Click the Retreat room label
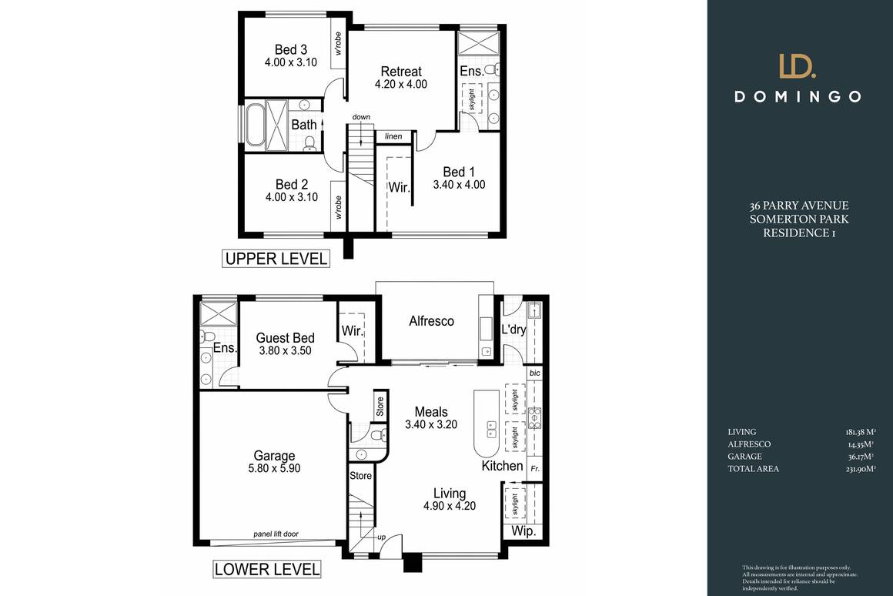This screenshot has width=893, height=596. point(400,72)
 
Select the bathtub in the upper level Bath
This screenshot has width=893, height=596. point(256,124)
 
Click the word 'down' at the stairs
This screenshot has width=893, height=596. point(361,117)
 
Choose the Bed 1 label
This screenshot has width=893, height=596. point(459,172)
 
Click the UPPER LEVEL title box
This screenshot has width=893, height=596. point(276,259)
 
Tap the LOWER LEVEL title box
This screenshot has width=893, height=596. point(266,570)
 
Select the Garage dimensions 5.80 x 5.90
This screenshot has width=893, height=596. point(275,469)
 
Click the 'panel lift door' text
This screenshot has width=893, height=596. point(275,534)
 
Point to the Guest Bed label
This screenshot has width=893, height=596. point(285,337)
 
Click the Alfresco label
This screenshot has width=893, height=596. point(431,321)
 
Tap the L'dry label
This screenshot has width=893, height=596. point(513,329)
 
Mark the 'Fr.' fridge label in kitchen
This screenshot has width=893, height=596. point(535,467)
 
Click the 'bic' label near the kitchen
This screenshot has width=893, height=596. point(535,373)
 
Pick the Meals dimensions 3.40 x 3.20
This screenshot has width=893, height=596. point(431,424)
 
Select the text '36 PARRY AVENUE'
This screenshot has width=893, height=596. point(799,206)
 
